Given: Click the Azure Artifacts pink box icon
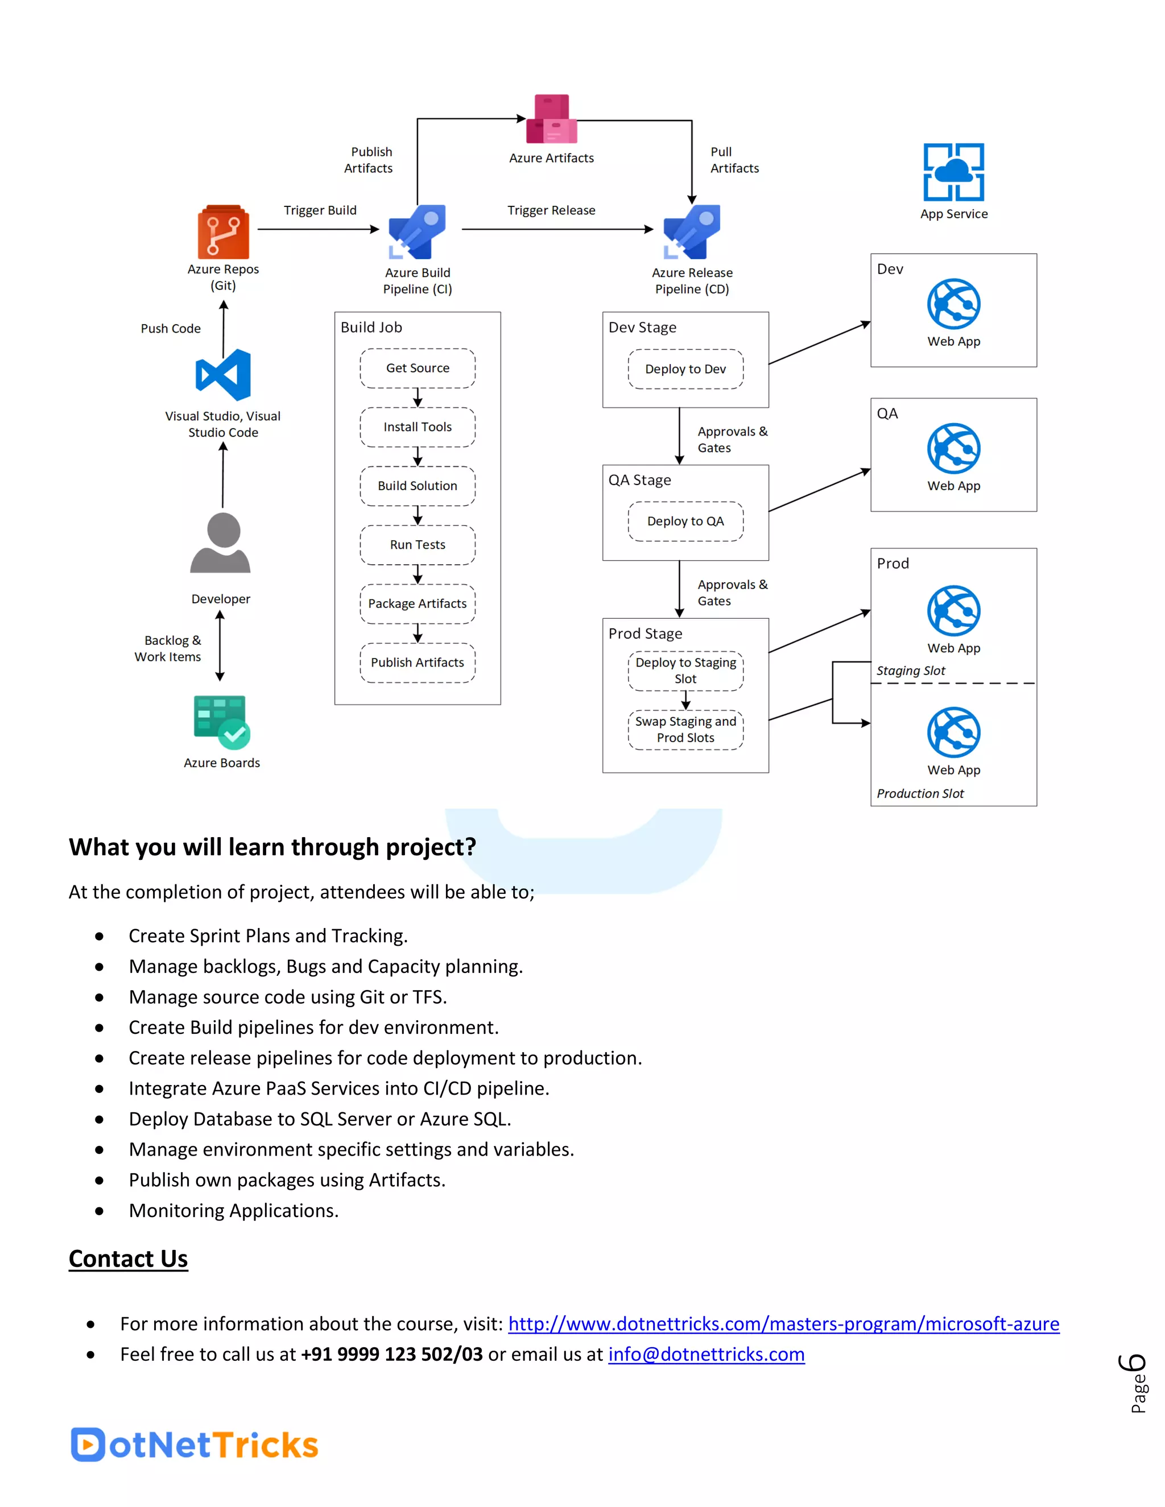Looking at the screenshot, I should tap(551, 119).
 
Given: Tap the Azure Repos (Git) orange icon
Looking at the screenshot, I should tap(223, 232).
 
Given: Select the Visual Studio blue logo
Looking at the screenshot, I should tap(223, 375).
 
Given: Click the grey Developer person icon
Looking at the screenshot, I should tap(221, 543).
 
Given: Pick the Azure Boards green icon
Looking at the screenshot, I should tap(221, 722).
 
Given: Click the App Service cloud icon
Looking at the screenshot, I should tap(953, 172).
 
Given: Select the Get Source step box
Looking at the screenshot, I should tap(418, 369).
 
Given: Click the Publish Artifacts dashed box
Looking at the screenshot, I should tap(418, 663).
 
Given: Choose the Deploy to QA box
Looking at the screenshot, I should tap(685, 521).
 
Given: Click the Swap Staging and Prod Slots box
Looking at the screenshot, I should tap(685, 730).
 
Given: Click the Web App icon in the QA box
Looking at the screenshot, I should tap(953, 449).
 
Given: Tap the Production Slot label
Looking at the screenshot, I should tap(920, 793).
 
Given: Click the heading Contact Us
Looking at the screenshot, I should tap(129, 1258).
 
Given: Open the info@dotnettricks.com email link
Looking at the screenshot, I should tap(706, 1355).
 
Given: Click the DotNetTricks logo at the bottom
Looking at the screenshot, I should tap(194, 1444).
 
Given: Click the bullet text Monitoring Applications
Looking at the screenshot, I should tap(233, 1211).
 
